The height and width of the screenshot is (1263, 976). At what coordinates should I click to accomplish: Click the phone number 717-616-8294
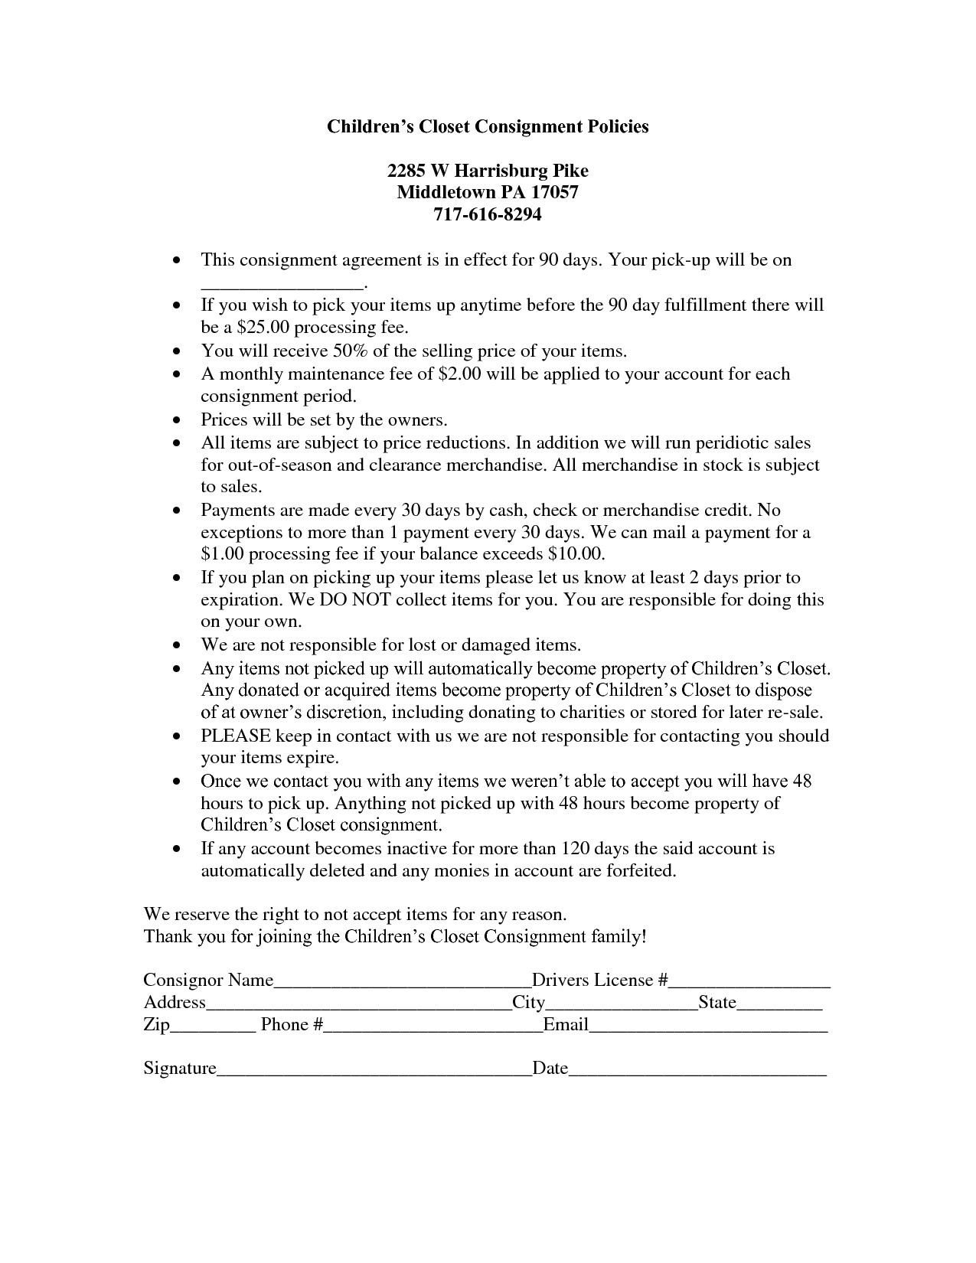pos(488,215)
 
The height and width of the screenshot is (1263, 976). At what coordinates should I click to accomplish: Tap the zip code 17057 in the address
pos(553,192)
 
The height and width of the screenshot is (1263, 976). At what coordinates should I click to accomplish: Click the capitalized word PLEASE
pos(235,736)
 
